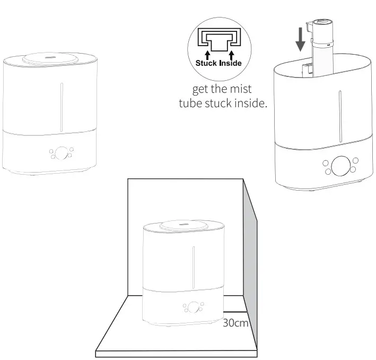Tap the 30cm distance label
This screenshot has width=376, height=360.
click(235, 322)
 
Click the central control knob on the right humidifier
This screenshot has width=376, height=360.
click(340, 165)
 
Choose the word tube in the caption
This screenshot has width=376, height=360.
click(191, 102)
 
